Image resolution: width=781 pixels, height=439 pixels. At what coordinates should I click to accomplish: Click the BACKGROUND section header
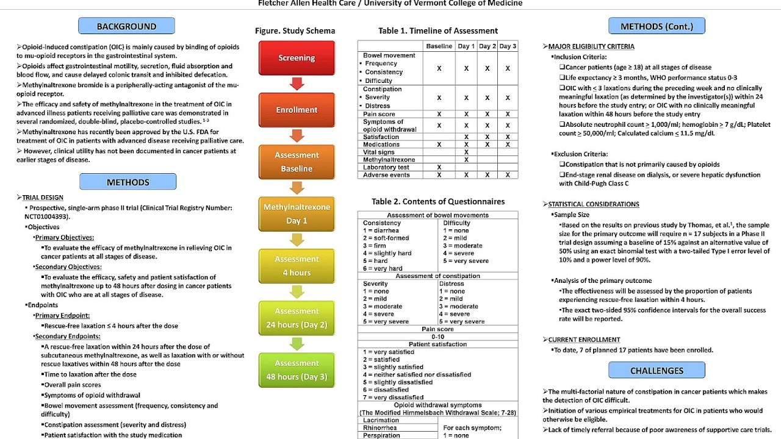126,26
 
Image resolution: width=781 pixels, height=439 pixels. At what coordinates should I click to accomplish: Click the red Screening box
297,58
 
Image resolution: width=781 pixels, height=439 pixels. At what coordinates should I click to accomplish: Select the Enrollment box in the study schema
297,110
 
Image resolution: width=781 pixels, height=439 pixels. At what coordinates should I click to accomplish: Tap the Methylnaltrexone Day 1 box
297,214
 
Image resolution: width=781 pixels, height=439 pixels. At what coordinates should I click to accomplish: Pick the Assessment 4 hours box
297,266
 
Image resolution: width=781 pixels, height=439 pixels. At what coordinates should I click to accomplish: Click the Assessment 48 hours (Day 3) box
297,369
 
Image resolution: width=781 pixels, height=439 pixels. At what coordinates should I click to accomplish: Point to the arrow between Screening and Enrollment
297,84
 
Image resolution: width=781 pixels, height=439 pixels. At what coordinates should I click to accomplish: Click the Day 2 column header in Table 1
487,46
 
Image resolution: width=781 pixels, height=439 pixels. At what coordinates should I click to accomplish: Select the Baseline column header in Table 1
439,46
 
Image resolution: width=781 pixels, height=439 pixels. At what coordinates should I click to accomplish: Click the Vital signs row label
380,152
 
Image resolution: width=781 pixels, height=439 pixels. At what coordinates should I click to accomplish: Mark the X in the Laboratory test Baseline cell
439,167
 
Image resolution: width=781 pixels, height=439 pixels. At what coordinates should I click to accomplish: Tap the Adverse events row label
386,175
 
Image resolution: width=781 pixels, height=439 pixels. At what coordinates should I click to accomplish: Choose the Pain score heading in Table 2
437,329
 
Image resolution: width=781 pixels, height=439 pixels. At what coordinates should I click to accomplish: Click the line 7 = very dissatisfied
393,398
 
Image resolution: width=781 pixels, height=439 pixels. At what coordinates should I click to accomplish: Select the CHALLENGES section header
657,371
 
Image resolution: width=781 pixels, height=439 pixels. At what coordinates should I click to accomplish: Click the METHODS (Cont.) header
657,26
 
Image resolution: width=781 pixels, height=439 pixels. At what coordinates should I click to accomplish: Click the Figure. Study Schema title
295,30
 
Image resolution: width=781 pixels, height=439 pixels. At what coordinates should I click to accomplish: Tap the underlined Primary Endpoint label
62,316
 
